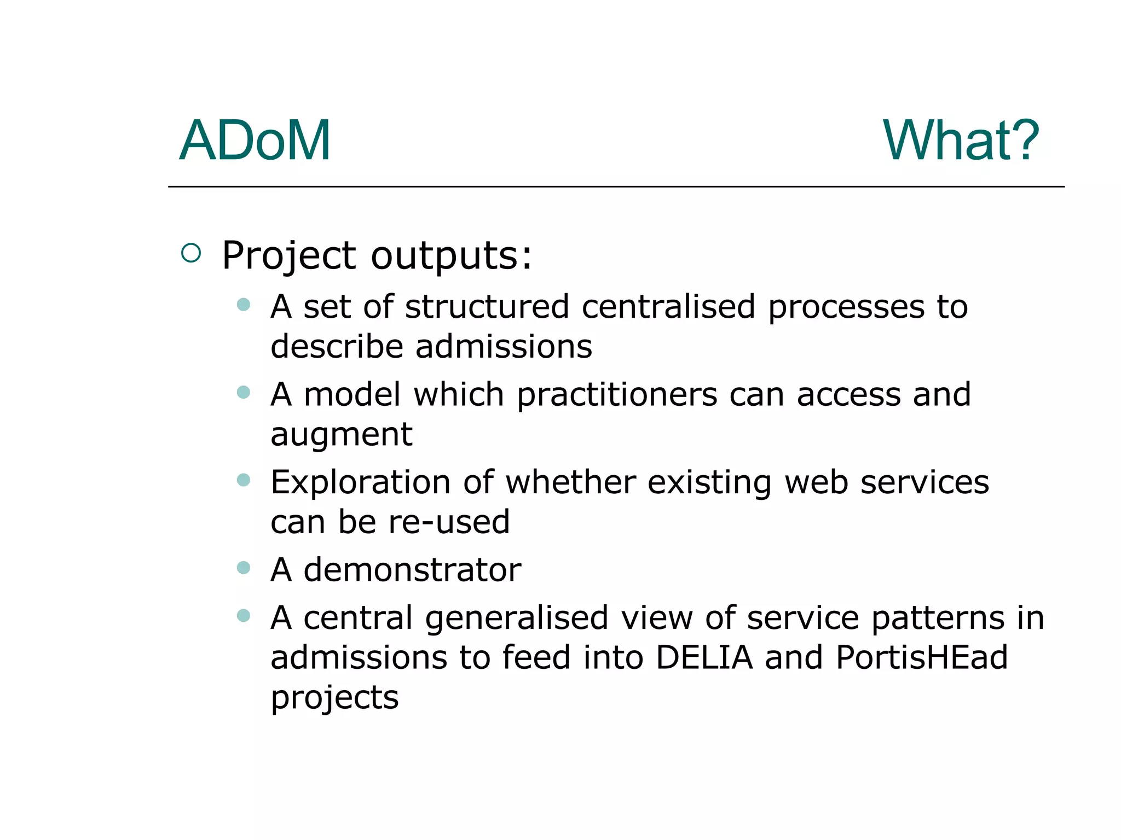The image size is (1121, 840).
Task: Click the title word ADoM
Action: click(x=255, y=141)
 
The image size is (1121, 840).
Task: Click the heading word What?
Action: click(x=961, y=141)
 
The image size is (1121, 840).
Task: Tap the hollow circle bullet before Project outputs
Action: click(x=191, y=253)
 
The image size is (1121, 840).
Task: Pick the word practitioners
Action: click(x=616, y=394)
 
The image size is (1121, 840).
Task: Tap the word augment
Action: click(x=341, y=435)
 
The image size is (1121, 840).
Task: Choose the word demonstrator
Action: click(x=412, y=570)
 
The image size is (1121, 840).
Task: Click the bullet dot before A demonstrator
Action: click(x=244, y=568)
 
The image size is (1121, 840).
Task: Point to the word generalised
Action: click(x=516, y=617)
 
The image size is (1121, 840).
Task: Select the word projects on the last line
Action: click(x=334, y=698)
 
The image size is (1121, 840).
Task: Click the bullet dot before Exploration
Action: click(x=244, y=480)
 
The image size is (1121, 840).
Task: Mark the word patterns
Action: click(x=938, y=617)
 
